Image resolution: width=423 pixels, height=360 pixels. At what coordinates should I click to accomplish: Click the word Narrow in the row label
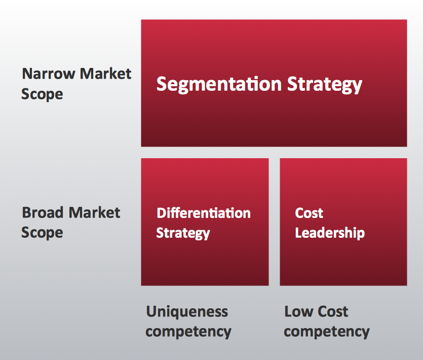click(x=49, y=74)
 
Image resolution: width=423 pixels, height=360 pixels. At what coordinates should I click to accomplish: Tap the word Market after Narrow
click(x=106, y=74)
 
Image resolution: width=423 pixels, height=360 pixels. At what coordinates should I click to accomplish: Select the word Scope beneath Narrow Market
click(x=42, y=94)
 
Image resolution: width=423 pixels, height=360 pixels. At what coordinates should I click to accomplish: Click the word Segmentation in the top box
click(x=219, y=85)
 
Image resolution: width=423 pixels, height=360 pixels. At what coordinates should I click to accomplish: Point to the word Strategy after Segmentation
click(x=325, y=85)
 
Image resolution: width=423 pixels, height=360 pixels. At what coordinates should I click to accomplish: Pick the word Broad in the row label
click(x=43, y=212)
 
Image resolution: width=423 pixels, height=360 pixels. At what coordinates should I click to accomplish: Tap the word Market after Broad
click(x=94, y=212)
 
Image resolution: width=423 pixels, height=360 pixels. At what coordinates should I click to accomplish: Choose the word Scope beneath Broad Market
click(x=42, y=233)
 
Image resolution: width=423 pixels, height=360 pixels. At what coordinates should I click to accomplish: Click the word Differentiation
click(x=204, y=213)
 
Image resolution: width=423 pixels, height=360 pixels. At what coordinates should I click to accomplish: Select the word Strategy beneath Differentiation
click(x=183, y=233)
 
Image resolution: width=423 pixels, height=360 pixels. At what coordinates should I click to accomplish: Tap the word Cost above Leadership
click(x=309, y=213)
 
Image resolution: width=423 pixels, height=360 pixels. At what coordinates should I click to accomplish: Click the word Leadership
click(x=330, y=233)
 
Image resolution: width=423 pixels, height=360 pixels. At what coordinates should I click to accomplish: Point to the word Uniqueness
click(x=187, y=312)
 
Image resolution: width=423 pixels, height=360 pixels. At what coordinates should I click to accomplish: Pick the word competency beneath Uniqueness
click(x=188, y=332)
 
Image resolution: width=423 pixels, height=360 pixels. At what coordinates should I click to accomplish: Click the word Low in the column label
click(x=298, y=312)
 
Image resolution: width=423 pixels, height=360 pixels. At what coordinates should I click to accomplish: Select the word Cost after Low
click(x=333, y=312)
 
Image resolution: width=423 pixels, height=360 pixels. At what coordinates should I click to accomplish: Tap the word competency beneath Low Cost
click(x=327, y=332)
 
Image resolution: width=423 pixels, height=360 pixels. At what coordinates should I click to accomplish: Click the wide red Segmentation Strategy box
click(x=274, y=83)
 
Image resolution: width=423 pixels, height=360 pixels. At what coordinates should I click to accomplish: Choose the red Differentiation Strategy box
click(x=205, y=222)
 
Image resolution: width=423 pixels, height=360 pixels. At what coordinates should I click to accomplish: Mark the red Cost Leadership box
click(x=343, y=222)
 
